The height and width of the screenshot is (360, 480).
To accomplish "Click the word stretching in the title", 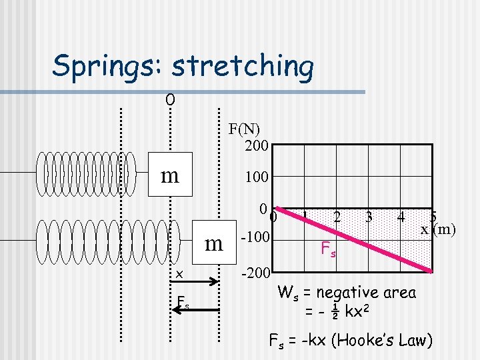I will [242, 66].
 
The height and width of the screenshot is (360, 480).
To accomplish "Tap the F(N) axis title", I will [245, 129].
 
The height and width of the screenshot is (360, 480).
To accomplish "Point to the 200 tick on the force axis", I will [257, 145].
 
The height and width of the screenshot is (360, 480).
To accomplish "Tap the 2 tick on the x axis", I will [337, 217].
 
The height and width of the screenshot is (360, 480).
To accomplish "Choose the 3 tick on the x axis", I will [369, 217].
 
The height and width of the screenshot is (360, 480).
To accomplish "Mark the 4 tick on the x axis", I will [401, 217].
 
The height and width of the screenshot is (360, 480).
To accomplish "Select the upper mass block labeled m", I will [170, 175].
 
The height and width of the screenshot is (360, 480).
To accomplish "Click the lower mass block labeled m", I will [213, 243].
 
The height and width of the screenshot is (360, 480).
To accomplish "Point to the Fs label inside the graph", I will [328, 250].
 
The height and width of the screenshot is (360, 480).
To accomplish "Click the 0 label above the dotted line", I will [171, 100].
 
